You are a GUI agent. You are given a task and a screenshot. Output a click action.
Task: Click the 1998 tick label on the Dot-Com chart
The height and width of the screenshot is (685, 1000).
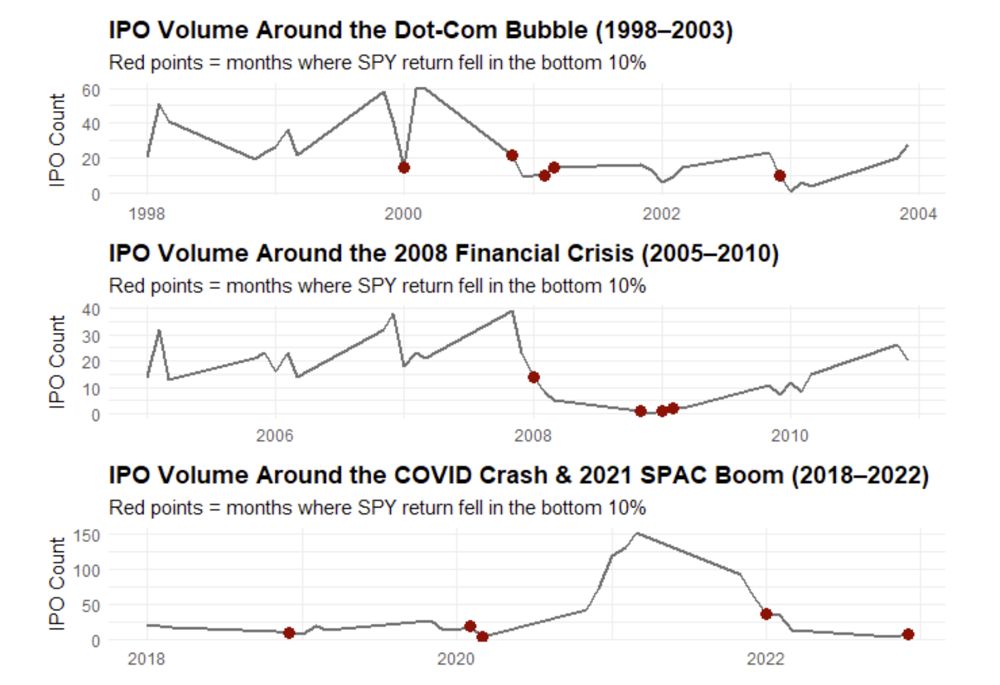click(147, 214)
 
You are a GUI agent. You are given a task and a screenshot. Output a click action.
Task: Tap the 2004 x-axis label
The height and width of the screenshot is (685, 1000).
click(918, 214)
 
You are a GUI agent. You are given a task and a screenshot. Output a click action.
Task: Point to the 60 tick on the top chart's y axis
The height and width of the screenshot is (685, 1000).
click(91, 90)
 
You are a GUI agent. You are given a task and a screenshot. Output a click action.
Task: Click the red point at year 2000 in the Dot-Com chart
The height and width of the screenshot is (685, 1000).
click(404, 167)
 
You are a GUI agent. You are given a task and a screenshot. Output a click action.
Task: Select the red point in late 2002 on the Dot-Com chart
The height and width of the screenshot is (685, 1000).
click(780, 176)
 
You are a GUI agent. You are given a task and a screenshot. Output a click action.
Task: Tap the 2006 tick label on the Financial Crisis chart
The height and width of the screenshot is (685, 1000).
click(275, 436)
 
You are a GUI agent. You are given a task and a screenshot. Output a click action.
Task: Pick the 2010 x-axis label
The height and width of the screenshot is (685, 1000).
click(790, 436)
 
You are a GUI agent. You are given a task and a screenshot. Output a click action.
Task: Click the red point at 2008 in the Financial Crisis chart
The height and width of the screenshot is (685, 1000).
click(534, 378)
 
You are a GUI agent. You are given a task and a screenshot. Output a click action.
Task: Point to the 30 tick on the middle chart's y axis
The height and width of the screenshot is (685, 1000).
click(91, 336)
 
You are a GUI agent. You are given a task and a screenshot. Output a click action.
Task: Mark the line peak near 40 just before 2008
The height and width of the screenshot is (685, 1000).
click(512, 311)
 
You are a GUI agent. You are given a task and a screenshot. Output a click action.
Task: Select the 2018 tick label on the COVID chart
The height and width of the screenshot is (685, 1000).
click(147, 659)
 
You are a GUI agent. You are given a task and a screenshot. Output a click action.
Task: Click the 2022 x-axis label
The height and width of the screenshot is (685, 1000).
click(766, 659)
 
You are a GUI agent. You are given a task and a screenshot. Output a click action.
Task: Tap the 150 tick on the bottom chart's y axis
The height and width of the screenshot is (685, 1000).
click(87, 535)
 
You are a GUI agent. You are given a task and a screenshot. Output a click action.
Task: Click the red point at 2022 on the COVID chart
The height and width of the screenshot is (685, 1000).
click(766, 614)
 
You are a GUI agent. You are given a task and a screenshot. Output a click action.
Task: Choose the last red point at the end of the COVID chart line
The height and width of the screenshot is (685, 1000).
click(908, 634)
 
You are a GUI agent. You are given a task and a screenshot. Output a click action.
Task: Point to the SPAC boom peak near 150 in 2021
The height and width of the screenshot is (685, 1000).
click(637, 533)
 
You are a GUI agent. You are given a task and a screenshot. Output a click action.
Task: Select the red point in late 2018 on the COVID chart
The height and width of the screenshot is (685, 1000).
click(289, 633)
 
